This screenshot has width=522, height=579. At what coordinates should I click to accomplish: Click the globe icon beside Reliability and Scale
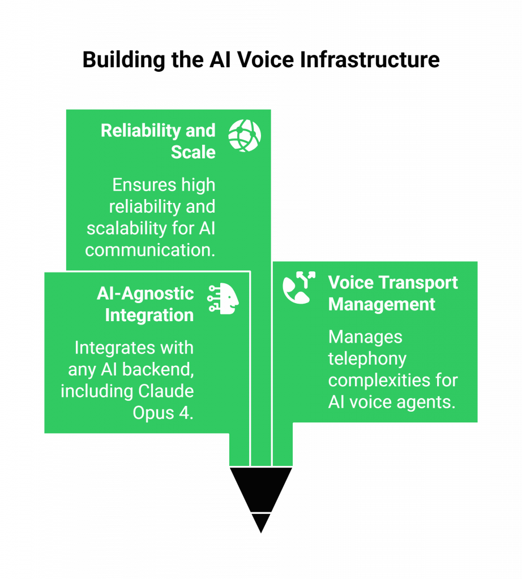coord(245,136)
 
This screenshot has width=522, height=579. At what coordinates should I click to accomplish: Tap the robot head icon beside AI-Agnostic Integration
coord(224,297)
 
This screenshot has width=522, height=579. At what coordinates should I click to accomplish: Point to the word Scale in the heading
coord(193,152)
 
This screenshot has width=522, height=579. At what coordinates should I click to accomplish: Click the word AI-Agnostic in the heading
coord(145,293)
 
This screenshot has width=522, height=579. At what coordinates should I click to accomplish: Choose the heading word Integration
coord(149,315)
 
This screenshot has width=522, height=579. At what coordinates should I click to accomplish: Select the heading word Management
coord(382,304)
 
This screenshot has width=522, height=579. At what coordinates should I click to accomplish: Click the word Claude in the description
coord(166,391)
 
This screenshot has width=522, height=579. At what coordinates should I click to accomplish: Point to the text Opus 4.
coord(163,412)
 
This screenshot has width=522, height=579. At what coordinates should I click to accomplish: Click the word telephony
coord(367,358)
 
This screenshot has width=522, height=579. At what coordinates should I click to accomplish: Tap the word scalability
coord(127,228)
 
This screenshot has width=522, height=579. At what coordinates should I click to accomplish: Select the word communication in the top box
coord(149,250)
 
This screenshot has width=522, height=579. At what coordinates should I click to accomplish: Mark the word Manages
coord(365,337)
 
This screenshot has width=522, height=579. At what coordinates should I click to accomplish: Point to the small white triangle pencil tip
coord(260,522)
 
